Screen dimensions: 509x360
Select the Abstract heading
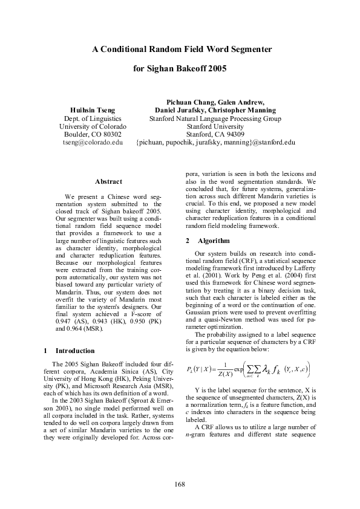pos(108,181)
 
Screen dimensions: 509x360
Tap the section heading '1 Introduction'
pos(70,351)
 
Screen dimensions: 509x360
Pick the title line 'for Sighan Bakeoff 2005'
pos(180,69)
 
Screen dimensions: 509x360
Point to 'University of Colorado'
pos(93,127)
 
